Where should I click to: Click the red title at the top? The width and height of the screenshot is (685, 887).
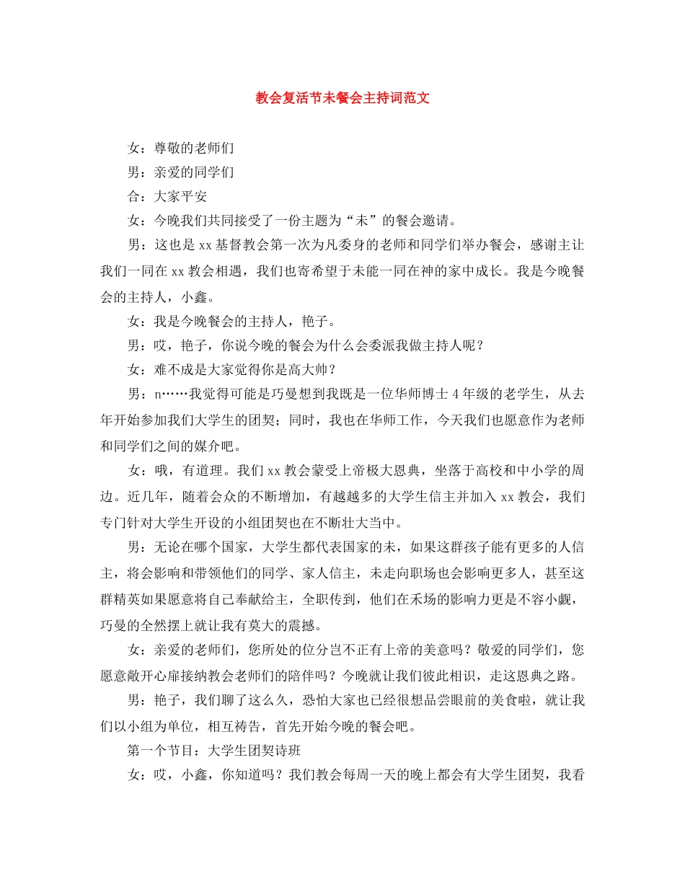pos(342,98)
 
